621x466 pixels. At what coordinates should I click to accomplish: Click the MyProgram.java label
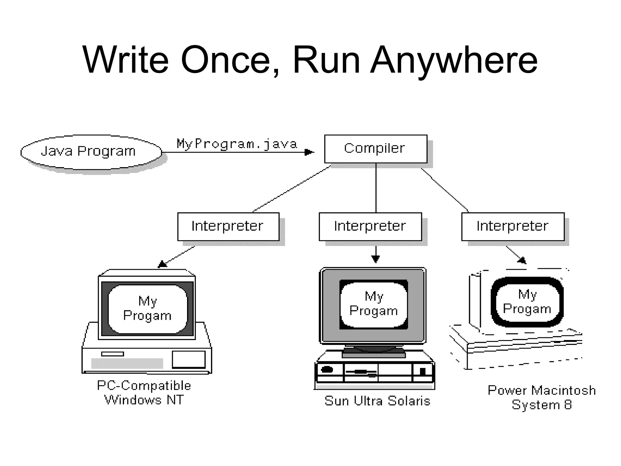pyautogui.click(x=237, y=144)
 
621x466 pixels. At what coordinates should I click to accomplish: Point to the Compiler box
pyautogui.click(x=375, y=149)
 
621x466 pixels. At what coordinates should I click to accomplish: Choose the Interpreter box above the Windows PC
pyautogui.click(x=228, y=226)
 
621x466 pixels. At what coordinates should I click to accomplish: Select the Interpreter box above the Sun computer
pyautogui.click(x=370, y=226)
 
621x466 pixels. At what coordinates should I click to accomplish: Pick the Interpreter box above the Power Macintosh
pyautogui.click(x=512, y=226)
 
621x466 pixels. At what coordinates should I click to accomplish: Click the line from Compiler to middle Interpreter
pyautogui.click(x=376, y=188)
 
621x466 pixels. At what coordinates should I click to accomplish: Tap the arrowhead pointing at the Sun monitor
pyautogui.click(x=376, y=259)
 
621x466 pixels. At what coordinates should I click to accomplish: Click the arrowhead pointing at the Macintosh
pyautogui.click(x=522, y=260)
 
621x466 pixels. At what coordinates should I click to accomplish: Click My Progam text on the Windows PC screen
pyautogui.click(x=147, y=308)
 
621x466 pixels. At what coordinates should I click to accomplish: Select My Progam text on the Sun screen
pyautogui.click(x=374, y=303)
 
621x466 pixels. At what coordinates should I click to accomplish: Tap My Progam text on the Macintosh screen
pyautogui.click(x=527, y=302)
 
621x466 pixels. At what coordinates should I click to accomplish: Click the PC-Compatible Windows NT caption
pyautogui.click(x=144, y=393)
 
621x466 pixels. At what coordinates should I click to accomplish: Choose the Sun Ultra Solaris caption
pyautogui.click(x=377, y=401)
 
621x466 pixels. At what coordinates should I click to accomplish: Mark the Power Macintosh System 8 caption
pyautogui.click(x=542, y=397)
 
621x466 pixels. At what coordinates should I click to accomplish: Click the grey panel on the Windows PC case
pyautogui.click(x=127, y=363)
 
